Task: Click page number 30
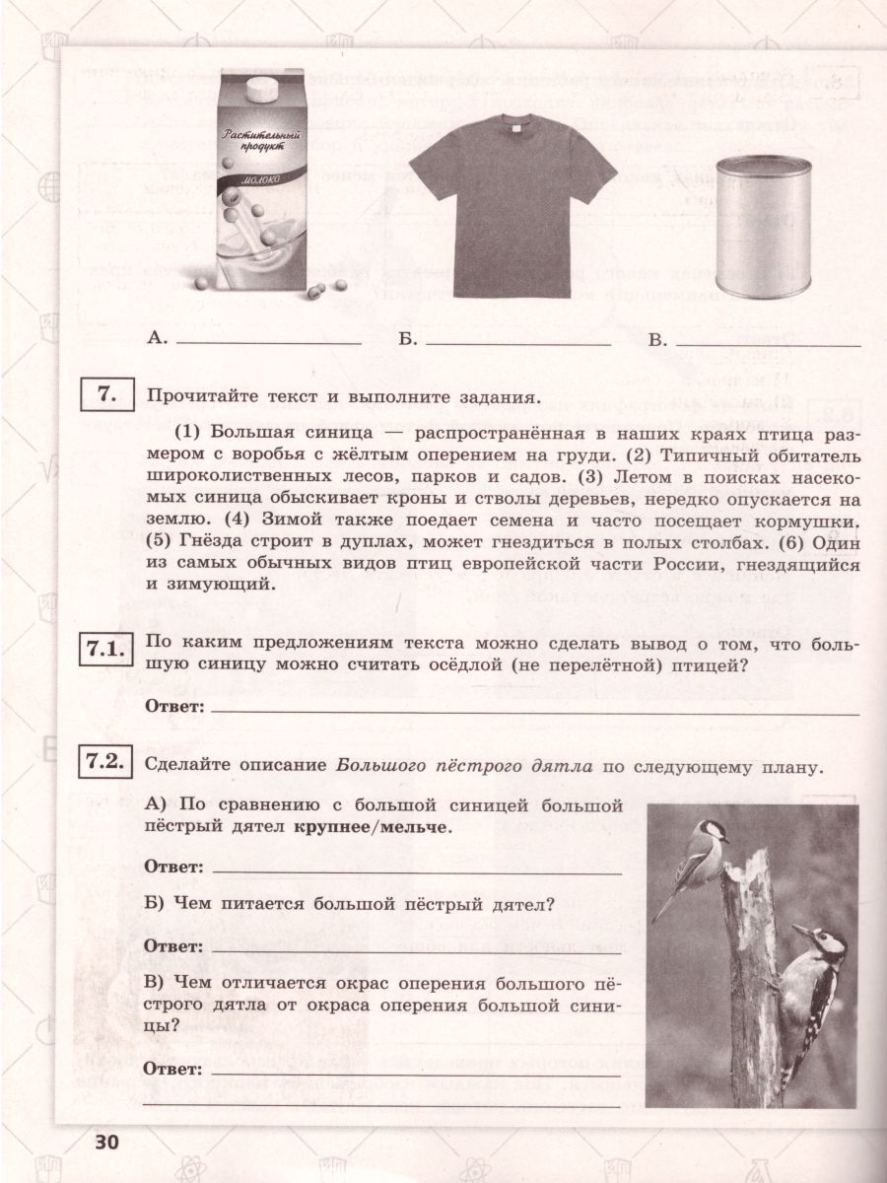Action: (106, 1143)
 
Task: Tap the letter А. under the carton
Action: (157, 340)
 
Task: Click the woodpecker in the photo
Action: (813, 996)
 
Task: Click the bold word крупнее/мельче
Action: (370, 827)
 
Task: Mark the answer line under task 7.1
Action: (532, 711)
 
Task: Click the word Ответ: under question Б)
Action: (173, 945)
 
